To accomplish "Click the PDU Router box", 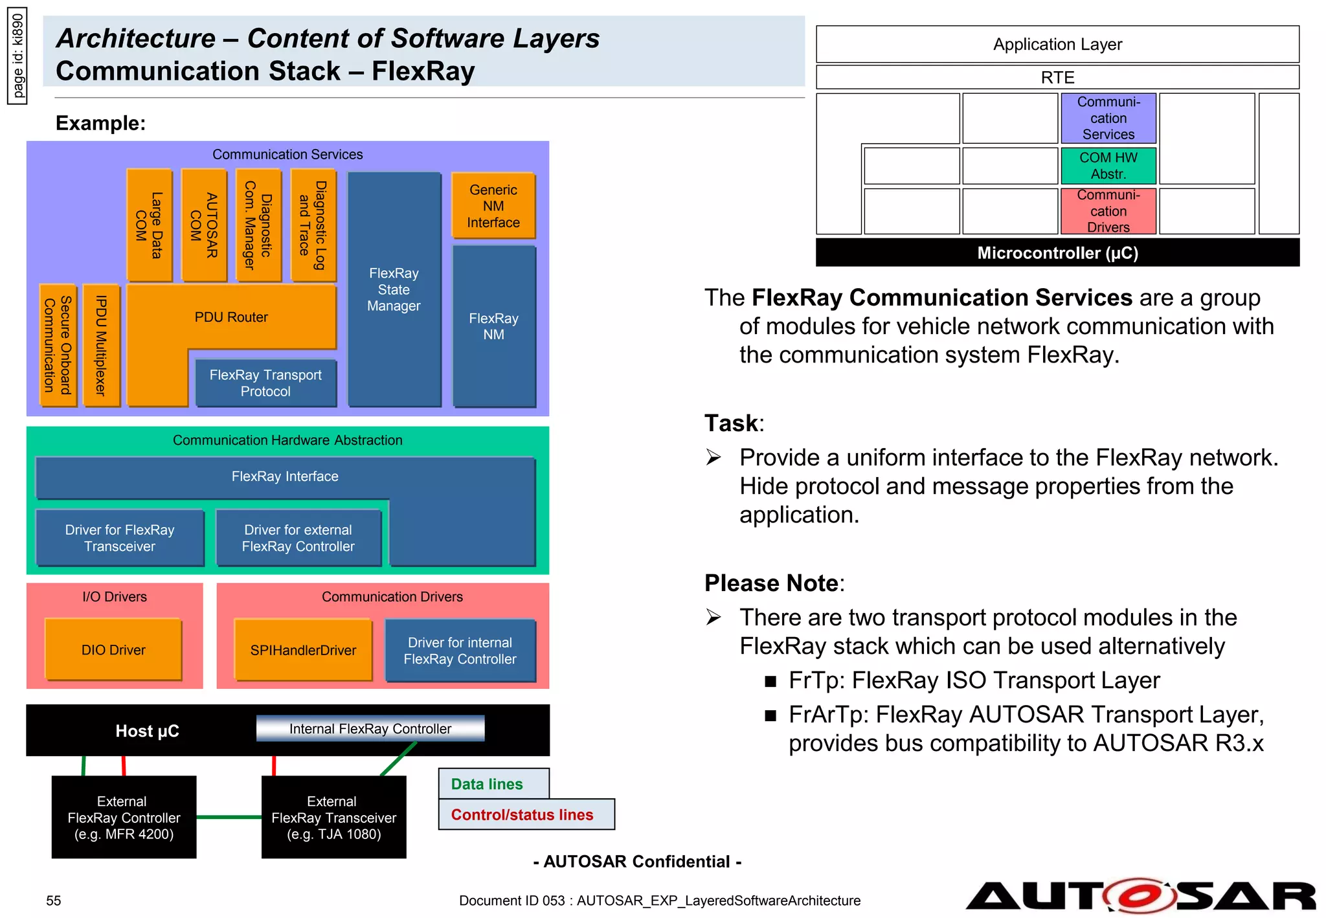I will [x=231, y=317].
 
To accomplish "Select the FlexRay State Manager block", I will [x=394, y=289].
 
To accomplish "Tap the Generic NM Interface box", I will [x=493, y=206].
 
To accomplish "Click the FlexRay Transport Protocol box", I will [x=265, y=383].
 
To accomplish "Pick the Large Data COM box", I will [x=149, y=225].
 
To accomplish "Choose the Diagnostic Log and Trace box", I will [x=313, y=225].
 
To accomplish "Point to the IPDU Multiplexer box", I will [x=101, y=345].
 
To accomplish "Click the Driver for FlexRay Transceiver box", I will [x=120, y=538].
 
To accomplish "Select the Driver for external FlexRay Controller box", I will [x=298, y=538].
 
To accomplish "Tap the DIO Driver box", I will [x=113, y=649].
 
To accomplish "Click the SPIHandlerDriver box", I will [x=303, y=650].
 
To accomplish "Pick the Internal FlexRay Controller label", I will [x=370, y=728].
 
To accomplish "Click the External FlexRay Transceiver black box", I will [x=333, y=817].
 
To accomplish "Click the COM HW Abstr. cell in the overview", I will [x=1108, y=166].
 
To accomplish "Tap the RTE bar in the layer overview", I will [x=1057, y=77].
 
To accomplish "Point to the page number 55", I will [x=54, y=901].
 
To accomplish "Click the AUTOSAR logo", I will [x=1140, y=897].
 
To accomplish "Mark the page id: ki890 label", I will [x=17, y=56].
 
